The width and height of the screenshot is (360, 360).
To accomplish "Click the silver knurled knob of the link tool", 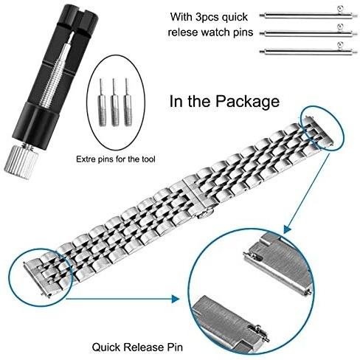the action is coord(21,161).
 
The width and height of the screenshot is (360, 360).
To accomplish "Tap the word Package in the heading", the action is coord(248,102).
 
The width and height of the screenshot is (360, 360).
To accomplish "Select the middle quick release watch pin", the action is coord(308,32).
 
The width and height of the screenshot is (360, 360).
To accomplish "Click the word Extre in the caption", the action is coord(86,159).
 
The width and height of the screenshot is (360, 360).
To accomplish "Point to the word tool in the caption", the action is coord(148,159).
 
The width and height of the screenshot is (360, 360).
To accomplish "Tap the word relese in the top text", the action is coord(183,32).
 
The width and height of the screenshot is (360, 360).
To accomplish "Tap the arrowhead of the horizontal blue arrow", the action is coord(176,299).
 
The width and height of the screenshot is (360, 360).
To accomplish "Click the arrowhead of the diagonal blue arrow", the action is coord(287,229).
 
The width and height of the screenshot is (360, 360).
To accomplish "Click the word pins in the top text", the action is coord(243,33).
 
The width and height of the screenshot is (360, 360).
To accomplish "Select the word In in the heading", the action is coord(176,101).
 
